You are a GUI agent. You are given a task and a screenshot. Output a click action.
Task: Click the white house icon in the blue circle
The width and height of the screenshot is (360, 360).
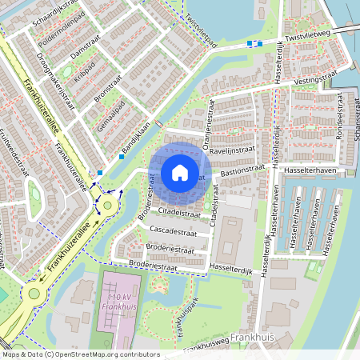(180, 173)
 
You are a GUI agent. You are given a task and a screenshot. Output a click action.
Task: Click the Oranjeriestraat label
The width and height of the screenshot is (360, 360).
(211, 125)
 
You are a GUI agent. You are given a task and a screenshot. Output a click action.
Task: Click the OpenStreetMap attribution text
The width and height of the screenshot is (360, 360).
(80, 354)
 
